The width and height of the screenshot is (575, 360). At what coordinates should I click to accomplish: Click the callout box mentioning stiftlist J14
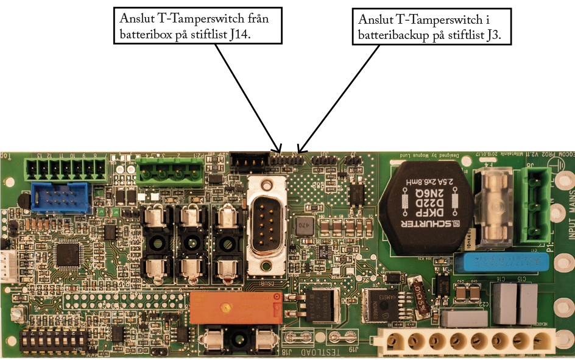tap(197, 26)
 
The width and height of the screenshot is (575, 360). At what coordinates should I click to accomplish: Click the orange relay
tap(235, 307)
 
